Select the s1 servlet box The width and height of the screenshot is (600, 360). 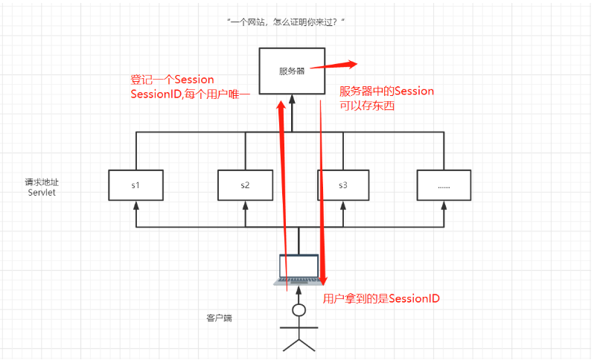pyautogui.click(x=136, y=184)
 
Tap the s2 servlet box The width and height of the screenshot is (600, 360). pyautogui.click(x=245, y=184)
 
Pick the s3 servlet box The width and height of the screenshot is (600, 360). pyautogui.click(x=343, y=184)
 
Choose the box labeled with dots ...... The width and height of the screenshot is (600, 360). pyautogui.click(x=444, y=184)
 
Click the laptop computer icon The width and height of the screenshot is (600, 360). pyautogui.click(x=299, y=269)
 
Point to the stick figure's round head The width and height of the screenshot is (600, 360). pyautogui.click(x=299, y=309)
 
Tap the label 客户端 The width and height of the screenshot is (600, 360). pyautogui.click(x=219, y=318)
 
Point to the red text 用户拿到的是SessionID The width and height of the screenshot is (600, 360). pyautogui.click(x=381, y=299)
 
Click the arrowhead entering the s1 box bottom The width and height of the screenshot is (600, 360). pyautogui.click(x=136, y=204)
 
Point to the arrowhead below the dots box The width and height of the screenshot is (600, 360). pyautogui.click(x=444, y=204)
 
